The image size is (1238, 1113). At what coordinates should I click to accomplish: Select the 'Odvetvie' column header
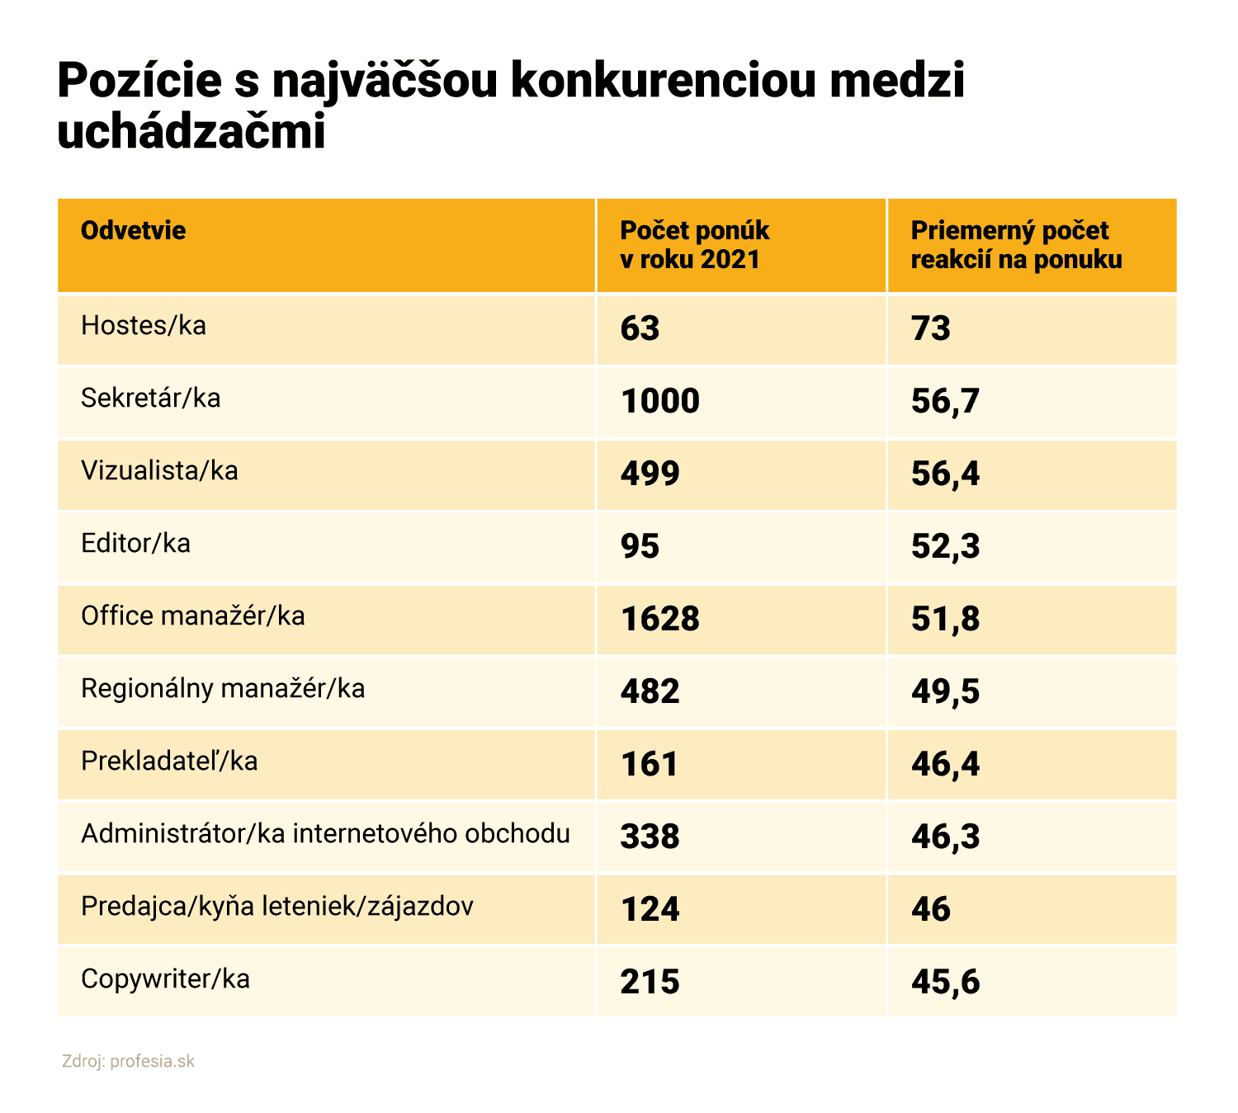pyautogui.click(x=134, y=230)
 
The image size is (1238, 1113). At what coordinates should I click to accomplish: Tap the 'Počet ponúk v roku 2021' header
pyautogui.click(x=694, y=245)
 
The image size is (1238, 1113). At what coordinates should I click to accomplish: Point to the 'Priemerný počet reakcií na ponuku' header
pyautogui.click(x=1016, y=245)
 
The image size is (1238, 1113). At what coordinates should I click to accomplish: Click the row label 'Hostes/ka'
pyautogui.click(x=144, y=326)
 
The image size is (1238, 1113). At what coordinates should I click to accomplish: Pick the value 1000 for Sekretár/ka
pyautogui.click(x=659, y=401)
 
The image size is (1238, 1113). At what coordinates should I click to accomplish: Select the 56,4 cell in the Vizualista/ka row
pyautogui.click(x=945, y=474)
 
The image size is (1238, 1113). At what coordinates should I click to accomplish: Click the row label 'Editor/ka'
pyautogui.click(x=135, y=544)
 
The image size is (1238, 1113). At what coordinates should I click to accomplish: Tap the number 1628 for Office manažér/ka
pyautogui.click(x=659, y=619)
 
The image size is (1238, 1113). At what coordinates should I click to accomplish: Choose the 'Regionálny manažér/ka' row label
pyautogui.click(x=223, y=689)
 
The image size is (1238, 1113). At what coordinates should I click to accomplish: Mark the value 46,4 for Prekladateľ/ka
pyautogui.click(x=945, y=764)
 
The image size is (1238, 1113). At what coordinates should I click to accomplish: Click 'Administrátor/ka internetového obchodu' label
pyautogui.click(x=325, y=834)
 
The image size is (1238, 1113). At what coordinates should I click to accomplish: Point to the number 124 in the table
pyautogui.click(x=650, y=909)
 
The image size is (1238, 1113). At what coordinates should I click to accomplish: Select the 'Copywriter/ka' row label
pyautogui.click(x=165, y=979)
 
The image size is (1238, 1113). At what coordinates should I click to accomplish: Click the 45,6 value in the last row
pyautogui.click(x=945, y=982)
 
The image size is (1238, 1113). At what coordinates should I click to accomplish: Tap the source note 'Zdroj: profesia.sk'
pyautogui.click(x=128, y=1061)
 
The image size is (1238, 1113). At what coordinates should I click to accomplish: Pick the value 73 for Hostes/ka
pyautogui.click(x=931, y=328)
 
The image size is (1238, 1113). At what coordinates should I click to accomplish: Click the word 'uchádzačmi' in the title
pyautogui.click(x=191, y=132)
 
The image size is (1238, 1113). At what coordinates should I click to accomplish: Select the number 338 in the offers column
pyautogui.click(x=650, y=837)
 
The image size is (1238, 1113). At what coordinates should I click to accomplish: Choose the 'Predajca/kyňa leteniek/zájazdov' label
pyautogui.click(x=277, y=907)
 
